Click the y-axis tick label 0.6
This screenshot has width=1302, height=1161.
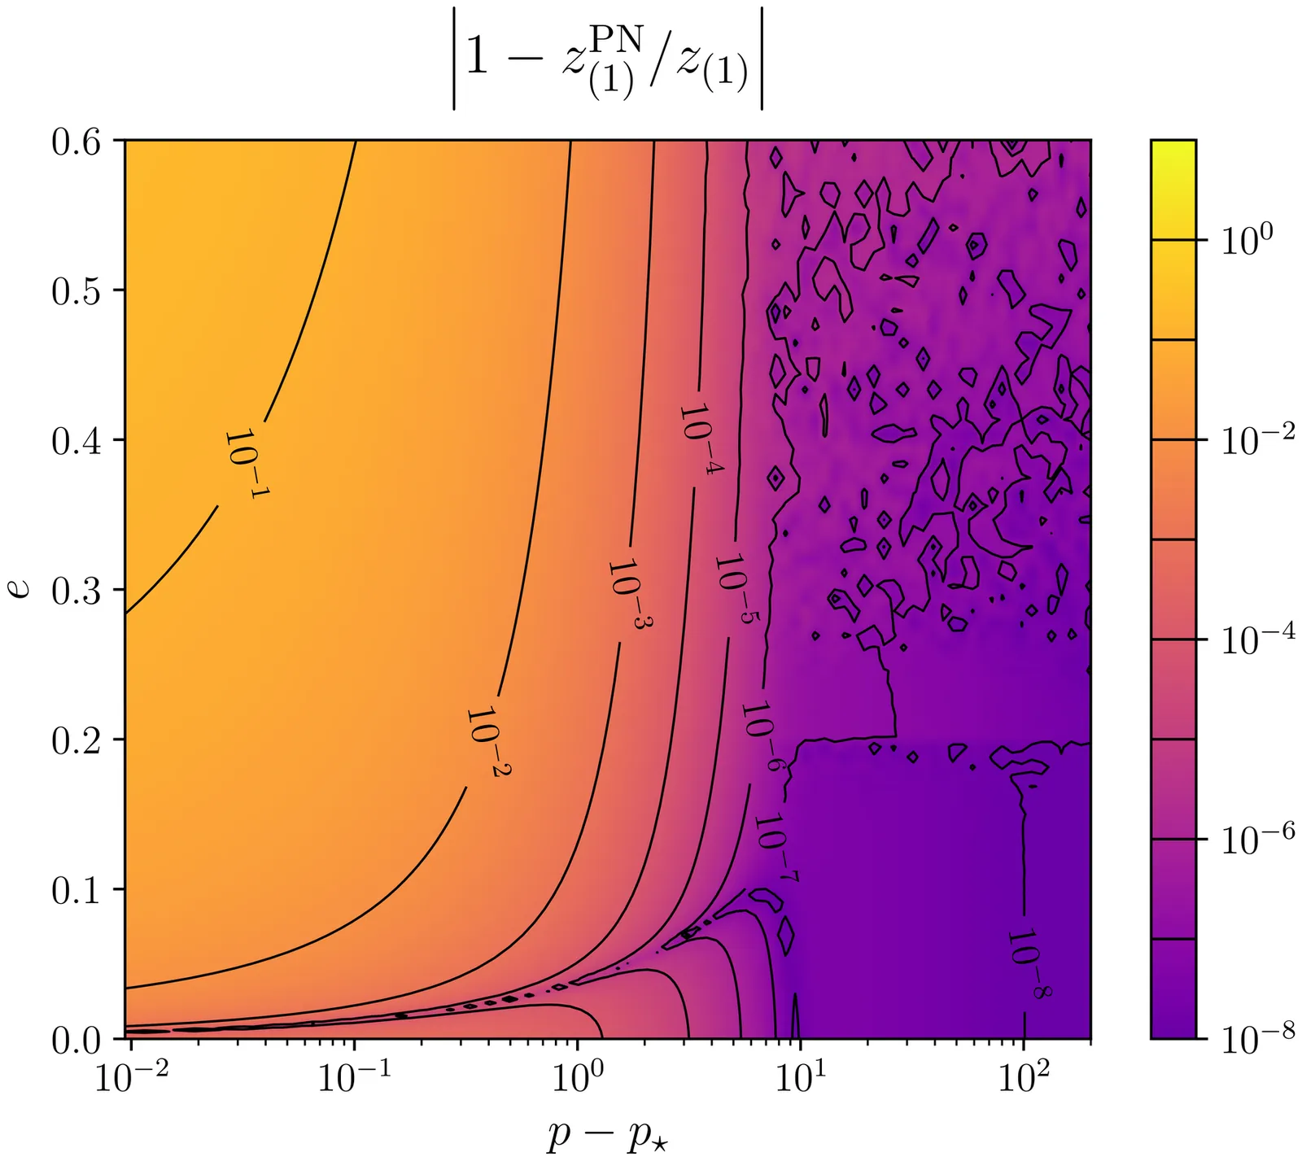pyautogui.click(x=76, y=142)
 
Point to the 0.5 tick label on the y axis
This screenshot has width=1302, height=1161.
pyautogui.click(x=76, y=291)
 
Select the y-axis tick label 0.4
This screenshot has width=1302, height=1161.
pyautogui.click(x=76, y=441)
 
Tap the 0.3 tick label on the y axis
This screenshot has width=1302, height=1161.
pyautogui.click(x=76, y=591)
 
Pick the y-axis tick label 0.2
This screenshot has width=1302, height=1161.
pyautogui.click(x=76, y=740)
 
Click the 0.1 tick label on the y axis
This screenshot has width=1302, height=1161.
pyautogui.click(x=76, y=890)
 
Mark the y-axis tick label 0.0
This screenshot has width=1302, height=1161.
pyautogui.click(x=76, y=1040)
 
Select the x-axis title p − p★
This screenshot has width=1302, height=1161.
pyautogui.click(x=607, y=1134)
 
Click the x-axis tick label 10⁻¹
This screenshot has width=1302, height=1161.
pyautogui.click(x=355, y=1077)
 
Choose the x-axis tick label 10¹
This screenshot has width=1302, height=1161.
pyautogui.click(x=801, y=1077)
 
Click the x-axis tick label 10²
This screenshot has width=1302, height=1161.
pyautogui.click(x=1024, y=1077)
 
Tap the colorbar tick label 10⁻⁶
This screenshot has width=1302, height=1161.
pyautogui.click(x=1256, y=838)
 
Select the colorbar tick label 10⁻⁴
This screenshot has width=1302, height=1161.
pyautogui.click(x=1256, y=639)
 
